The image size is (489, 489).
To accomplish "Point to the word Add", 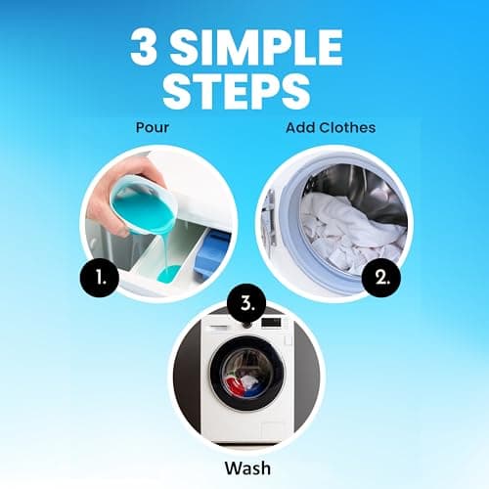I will pyautogui.click(x=301, y=127).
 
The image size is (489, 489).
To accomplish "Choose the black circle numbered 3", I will pyautogui.click(x=245, y=299).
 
